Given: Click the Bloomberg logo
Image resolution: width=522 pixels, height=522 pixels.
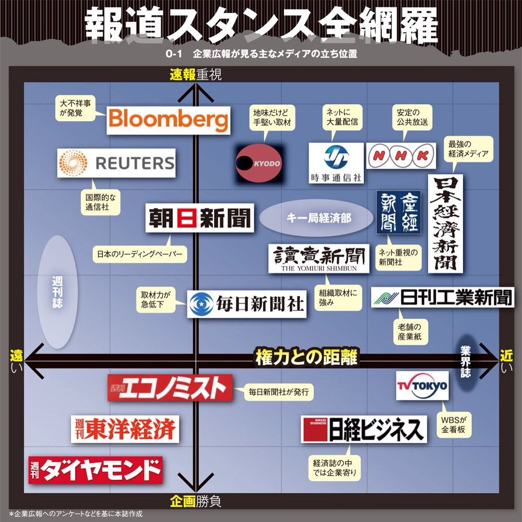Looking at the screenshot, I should (169, 120).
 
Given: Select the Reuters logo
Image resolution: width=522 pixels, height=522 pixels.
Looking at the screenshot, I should (116, 163).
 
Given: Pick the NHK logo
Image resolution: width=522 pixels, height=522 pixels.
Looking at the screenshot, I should (401, 155).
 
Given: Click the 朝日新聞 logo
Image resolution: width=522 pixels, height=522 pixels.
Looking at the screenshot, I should (199, 217).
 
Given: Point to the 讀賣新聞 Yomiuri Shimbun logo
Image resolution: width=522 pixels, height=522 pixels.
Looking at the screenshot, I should (318, 258).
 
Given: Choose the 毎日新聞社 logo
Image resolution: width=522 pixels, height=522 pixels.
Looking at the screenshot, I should (247, 304).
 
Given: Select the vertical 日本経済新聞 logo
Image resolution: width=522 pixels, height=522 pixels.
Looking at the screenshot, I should (445, 223).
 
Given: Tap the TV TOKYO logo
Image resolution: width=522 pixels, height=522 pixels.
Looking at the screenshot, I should (422, 386).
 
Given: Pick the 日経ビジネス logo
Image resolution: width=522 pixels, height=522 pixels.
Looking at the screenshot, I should (364, 430).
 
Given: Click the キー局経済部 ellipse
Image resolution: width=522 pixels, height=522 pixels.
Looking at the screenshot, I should (312, 218).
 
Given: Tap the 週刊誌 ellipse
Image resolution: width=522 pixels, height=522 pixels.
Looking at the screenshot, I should (58, 292).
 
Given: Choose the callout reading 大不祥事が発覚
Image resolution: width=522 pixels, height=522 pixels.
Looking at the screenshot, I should (75, 107).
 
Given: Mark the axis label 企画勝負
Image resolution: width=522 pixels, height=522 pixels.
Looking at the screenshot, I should (195, 502).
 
